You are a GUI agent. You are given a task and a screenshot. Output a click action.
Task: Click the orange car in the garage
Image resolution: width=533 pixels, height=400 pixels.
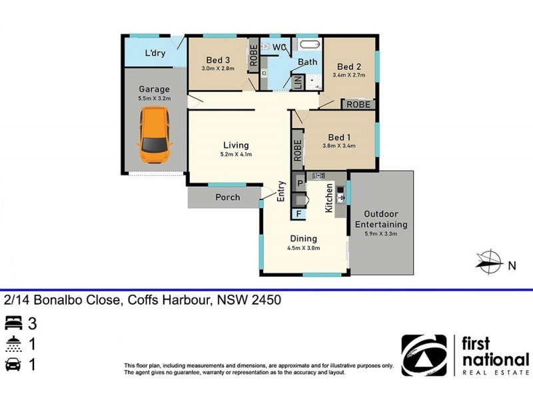point(154,135)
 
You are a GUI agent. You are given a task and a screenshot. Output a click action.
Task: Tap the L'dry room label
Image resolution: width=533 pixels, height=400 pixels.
point(155,53)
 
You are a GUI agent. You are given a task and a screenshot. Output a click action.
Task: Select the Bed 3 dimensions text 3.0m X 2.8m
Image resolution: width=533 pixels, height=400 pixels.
point(218,68)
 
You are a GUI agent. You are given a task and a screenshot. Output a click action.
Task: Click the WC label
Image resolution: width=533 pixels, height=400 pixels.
point(279,47)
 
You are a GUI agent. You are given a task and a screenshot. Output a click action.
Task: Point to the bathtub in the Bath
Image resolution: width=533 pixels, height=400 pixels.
point(309,47)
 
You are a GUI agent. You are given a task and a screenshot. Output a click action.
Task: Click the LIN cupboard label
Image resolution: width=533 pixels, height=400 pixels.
point(298,82)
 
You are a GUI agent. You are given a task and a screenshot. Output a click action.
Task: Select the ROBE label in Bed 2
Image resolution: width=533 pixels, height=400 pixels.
point(358,105)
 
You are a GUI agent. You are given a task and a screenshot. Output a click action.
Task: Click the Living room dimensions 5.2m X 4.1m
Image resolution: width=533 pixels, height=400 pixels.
point(236,155)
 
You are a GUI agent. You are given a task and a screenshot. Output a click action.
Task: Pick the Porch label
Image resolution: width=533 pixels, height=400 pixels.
point(227,197)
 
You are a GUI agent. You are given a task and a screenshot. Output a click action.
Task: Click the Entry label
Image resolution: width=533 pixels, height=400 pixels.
point(281,191)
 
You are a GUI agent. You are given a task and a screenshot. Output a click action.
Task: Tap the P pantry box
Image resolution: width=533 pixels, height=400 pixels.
point(300,183)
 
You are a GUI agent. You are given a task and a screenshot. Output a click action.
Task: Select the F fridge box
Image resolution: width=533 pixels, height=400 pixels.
point(298,214)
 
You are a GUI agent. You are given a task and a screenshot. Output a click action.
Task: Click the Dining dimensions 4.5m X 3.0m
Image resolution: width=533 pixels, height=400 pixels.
point(303,248)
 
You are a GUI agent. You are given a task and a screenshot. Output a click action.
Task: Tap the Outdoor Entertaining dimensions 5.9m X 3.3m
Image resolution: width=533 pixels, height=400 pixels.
point(380,233)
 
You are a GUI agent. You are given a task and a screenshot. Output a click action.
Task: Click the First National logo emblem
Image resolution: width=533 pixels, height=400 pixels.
point(424,355)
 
